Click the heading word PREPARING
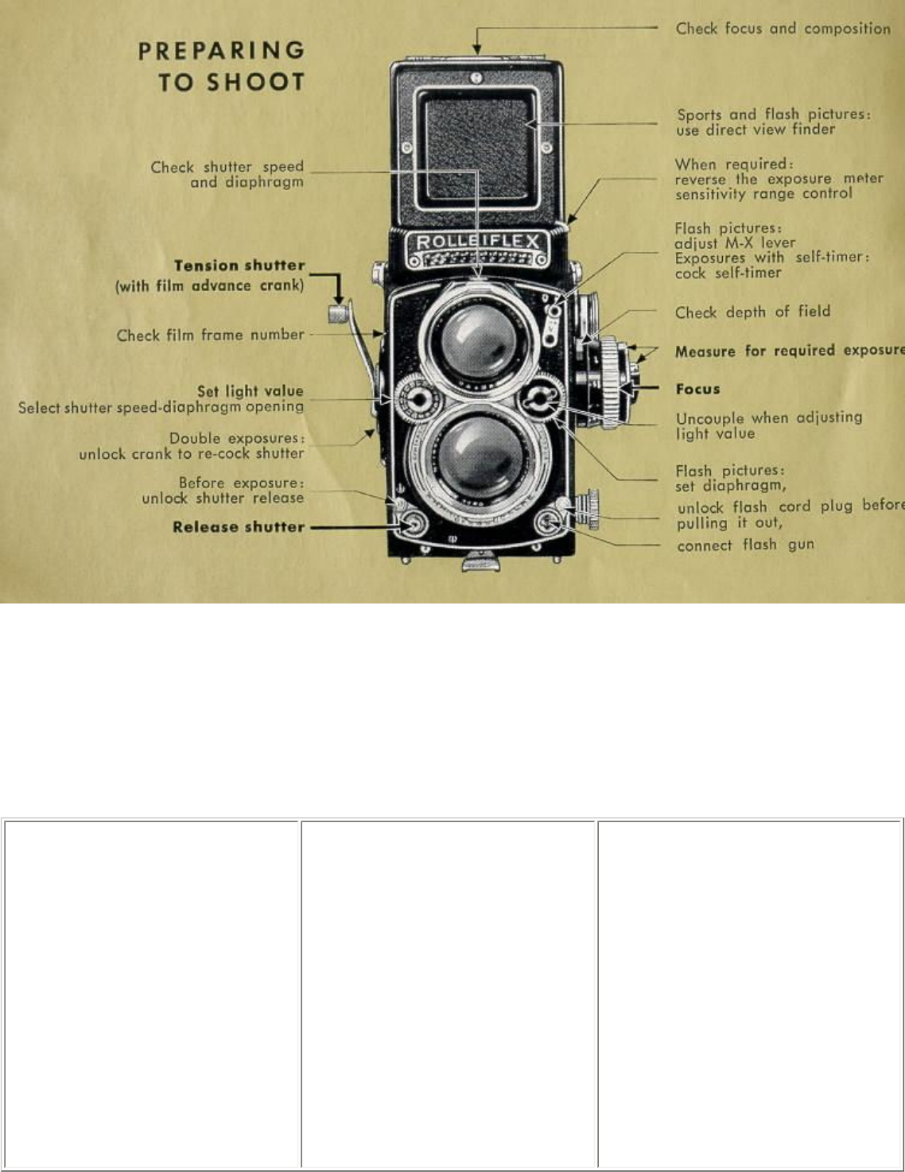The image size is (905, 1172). click(x=222, y=51)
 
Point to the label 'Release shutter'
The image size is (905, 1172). click(x=239, y=526)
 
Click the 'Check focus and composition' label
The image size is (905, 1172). click(x=783, y=29)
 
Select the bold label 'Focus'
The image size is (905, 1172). click(x=697, y=389)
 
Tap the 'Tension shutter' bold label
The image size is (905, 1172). click(x=239, y=266)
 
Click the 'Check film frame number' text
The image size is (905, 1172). click(x=211, y=335)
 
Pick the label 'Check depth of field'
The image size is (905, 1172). click(x=752, y=312)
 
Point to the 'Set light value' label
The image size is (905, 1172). click(x=251, y=390)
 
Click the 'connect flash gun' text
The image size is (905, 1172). click(x=745, y=545)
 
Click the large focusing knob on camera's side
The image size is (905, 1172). click(x=613, y=382)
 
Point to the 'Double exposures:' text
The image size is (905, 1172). click(x=236, y=438)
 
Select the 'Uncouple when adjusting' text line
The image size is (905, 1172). click(x=768, y=417)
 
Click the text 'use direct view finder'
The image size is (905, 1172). click(x=755, y=130)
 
